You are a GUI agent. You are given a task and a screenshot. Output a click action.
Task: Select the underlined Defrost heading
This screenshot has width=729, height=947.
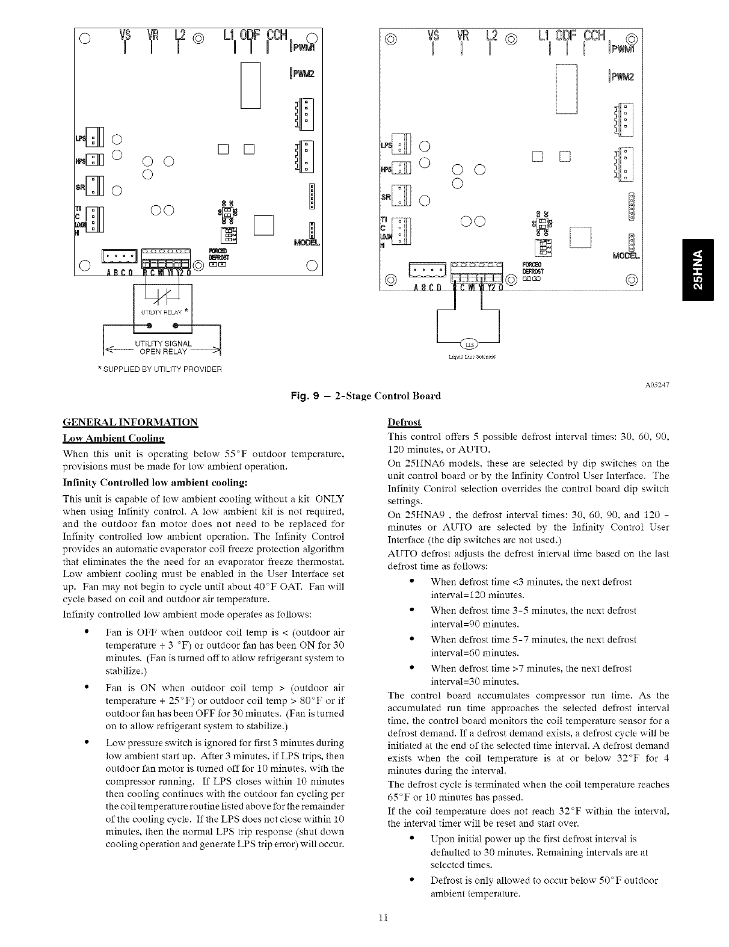[x=404, y=422]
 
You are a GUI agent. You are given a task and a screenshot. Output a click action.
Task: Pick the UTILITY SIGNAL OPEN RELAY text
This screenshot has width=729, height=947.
[x=163, y=348]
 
